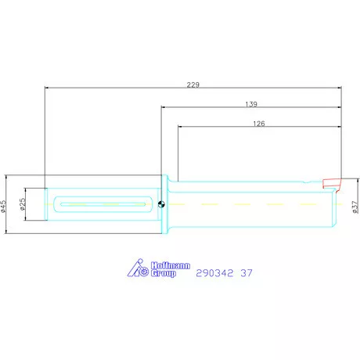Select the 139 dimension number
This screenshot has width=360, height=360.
251,103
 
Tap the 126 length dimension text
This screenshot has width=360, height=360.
259,123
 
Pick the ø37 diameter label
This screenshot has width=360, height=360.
355,205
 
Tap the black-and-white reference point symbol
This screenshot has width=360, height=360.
160,205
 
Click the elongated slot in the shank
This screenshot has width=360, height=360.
102,205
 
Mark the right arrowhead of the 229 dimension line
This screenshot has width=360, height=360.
340,88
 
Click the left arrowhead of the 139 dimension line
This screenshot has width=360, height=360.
164,108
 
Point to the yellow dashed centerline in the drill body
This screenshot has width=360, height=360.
250,205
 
